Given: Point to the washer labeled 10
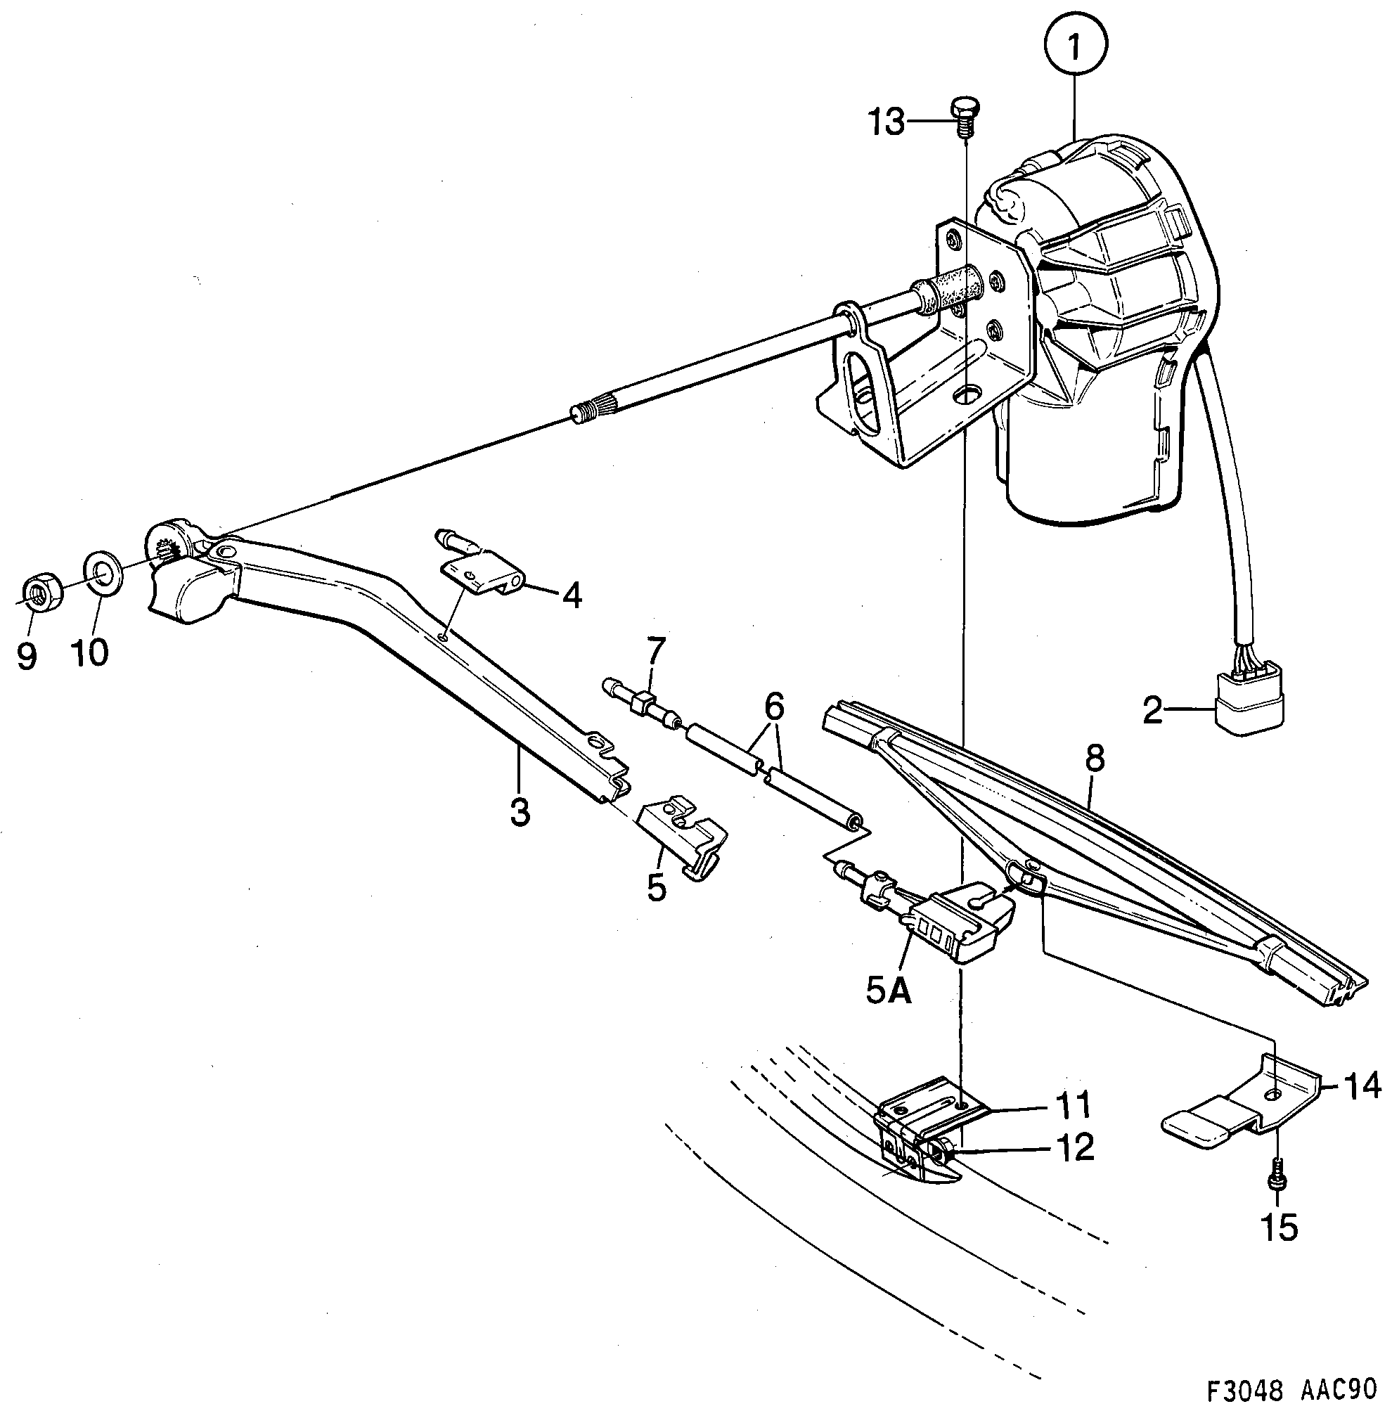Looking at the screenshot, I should (104, 573).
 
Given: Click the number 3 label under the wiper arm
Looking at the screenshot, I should (520, 812).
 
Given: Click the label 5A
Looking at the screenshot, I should (889, 990).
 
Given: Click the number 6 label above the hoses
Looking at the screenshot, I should (774, 707).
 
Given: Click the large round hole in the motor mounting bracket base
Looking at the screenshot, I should (970, 394).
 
